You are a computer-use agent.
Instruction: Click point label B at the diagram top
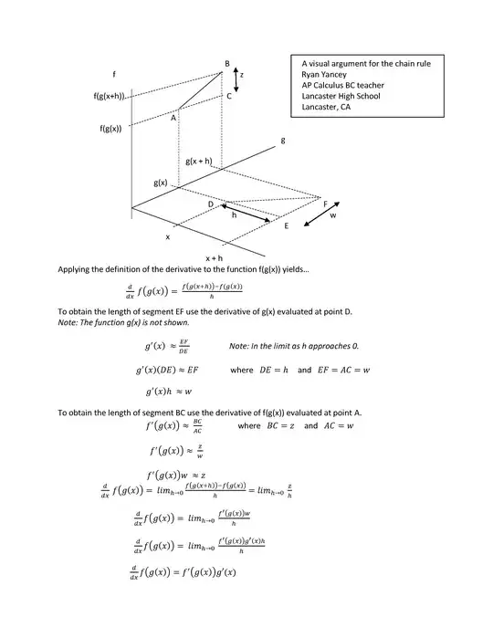226,62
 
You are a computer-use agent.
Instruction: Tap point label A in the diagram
173,117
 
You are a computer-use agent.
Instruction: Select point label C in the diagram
229,95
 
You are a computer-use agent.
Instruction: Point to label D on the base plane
210,204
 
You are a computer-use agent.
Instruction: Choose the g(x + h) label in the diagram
198,161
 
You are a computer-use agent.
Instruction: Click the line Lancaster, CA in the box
326,107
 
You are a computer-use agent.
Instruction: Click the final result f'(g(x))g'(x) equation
184,572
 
